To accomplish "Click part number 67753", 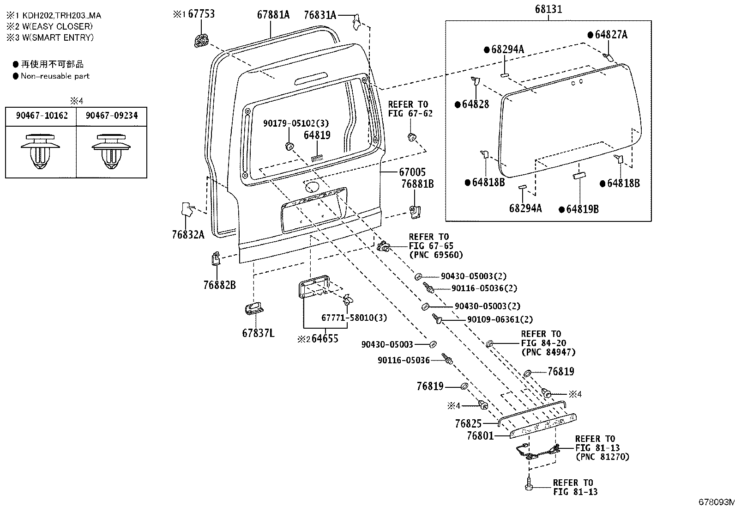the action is (x=201, y=14).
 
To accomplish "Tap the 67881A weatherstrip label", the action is (x=273, y=15).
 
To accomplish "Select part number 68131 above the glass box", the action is (x=548, y=9).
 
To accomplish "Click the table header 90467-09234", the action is (x=112, y=116).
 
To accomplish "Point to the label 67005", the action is (x=412, y=172).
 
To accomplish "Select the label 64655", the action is (x=325, y=338).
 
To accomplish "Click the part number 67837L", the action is (x=258, y=333).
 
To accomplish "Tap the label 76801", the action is (x=480, y=436).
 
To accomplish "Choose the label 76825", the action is (x=468, y=423).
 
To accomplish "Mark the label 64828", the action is (x=476, y=104).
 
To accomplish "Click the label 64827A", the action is (x=611, y=35).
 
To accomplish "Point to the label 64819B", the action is (x=583, y=209).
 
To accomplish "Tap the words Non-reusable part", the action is (x=55, y=76).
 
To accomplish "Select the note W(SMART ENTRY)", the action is (x=58, y=37).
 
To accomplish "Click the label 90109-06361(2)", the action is (x=500, y=319).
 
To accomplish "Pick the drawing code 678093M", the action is (x=716, y=502).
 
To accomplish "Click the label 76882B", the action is (x=219, y=285).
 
